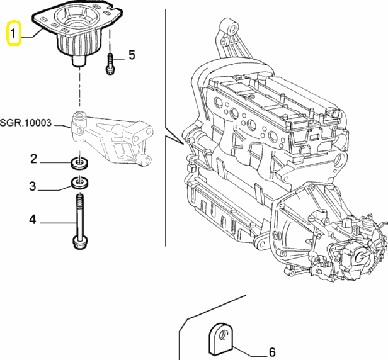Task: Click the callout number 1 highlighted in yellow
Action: [13, 33]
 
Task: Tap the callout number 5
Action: [132, 55]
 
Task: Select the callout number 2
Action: [34, 159]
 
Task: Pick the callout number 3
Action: [33, 186]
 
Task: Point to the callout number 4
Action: [33, 219]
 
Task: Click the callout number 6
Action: [272, 352]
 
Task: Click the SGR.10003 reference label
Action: [26, 123]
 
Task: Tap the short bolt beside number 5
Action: [110, 64]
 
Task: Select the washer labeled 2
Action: [79, 164]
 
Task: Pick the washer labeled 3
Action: [80, 183]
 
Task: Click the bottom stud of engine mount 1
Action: [79, 60]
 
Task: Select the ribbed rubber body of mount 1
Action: [79, 44]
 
